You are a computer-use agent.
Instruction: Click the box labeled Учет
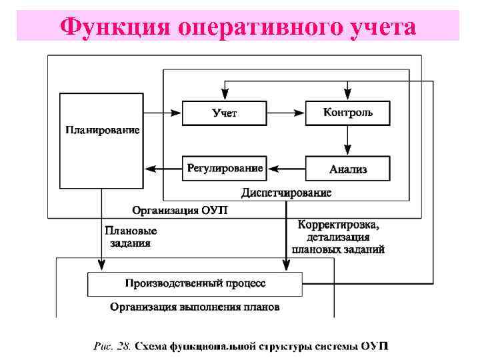[224, 113]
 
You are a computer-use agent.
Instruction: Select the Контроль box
[347, 112]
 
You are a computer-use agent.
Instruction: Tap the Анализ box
[347, 169]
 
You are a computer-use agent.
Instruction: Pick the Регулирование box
[224, 168]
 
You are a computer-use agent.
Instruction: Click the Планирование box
[102, 140]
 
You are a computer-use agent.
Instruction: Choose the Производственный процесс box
[195, 283]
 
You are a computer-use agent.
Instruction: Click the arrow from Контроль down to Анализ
[347, 140]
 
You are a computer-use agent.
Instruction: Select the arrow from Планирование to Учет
[163, 113]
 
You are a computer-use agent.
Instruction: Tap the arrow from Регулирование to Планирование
[163, 169]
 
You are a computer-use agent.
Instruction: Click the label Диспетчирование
[286, 193]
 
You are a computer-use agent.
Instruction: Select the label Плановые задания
[131, 237]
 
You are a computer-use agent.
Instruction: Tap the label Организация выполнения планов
[195, 307]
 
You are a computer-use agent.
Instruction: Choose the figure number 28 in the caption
[125, 347]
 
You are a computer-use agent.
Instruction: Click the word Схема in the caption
[151, 347]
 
